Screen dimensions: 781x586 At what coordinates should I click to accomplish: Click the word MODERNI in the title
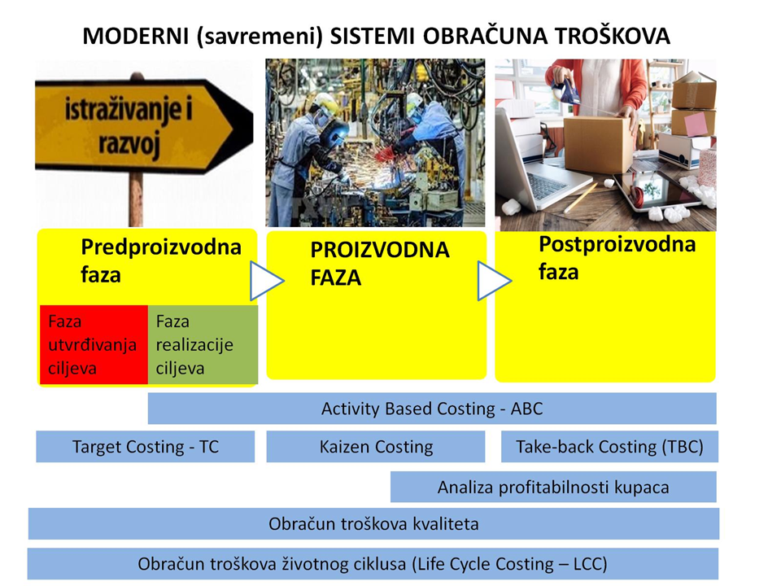coord(135,37)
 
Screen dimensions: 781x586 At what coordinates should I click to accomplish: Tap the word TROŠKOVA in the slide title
coord(612,35)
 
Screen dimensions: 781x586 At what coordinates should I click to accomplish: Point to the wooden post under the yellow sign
coord(136,199)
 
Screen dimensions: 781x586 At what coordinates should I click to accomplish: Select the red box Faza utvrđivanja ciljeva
coord(94,345)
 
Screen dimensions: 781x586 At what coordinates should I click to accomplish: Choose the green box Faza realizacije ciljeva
coord(203,345)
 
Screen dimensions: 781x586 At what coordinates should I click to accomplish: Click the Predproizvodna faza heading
coord(161,260)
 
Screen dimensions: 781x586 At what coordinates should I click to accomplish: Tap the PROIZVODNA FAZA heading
coord(380,264)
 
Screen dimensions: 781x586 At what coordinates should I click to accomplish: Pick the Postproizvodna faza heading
coord(617,258)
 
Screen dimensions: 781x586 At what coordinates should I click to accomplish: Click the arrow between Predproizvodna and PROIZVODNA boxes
coord(265,281)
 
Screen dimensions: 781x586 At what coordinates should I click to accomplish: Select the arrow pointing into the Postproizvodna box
coord(493,281)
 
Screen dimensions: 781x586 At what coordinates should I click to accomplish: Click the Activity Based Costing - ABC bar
coord(432,409)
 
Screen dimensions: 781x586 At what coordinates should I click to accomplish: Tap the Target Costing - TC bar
coord(146,447)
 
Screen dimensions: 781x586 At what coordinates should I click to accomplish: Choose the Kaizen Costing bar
coord(376,447)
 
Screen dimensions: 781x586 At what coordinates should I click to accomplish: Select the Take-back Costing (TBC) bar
coord(609,447)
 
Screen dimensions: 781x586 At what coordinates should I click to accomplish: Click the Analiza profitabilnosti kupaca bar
coord(553,487)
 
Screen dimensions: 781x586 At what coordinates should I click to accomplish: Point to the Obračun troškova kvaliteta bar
coord(373,523)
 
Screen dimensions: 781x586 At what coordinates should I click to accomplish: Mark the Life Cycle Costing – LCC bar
coord(373,563)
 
